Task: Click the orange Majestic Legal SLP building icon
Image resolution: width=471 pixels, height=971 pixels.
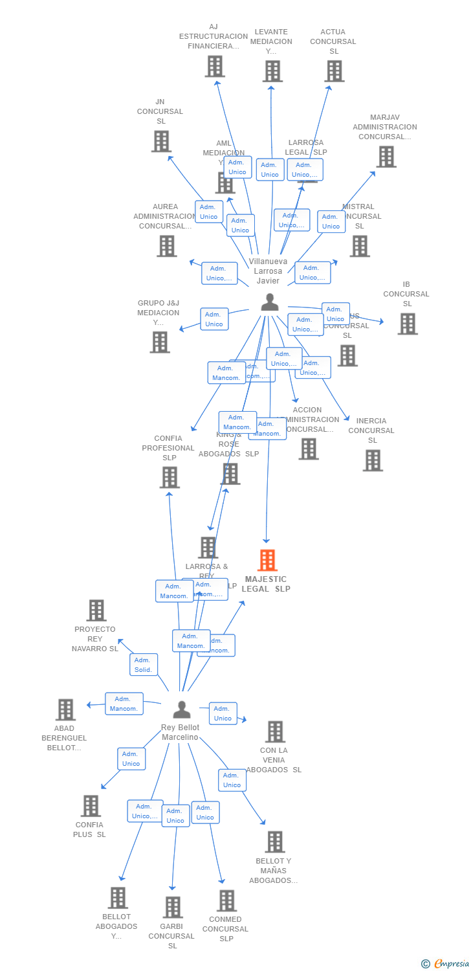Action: [x=267, y=560]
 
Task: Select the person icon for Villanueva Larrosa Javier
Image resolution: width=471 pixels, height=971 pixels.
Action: [x=269, y=302]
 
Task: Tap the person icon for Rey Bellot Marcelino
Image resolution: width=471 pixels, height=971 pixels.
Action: [x=182, y=709]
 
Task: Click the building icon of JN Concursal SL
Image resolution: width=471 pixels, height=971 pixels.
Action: [x=161, y=141]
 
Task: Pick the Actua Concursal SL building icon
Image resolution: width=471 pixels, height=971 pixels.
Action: [x=334, y=71]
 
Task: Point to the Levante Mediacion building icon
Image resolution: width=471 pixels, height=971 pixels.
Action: [x=272, y=71]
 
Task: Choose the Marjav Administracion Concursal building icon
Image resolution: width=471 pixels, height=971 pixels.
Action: [x=386, y=157]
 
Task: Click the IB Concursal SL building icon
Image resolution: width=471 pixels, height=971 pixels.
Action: [x=407, y=324]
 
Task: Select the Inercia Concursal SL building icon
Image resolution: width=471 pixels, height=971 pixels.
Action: [x=372, y=460]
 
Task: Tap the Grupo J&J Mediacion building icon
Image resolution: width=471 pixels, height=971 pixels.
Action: [x=159, y=342]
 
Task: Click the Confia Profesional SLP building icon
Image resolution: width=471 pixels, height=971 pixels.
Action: [x=170, y=477]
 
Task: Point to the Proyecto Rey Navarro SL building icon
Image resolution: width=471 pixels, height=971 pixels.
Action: [x=96, y=610]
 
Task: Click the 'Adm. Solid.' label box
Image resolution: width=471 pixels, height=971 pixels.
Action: [x=144, y=665]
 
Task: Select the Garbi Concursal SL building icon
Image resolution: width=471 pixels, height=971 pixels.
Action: [x=173, y=907]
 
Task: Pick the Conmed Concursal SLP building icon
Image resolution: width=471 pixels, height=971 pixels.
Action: [x=226, y=900]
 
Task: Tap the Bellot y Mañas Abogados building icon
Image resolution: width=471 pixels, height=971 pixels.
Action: [x=274, y=842]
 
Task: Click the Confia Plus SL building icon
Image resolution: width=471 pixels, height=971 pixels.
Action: [x=91, y=806]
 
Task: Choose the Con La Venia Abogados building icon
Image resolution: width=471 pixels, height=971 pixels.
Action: [x=275, y=731]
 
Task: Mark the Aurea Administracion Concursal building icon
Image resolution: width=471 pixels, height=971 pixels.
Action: [x=167, y=246]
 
